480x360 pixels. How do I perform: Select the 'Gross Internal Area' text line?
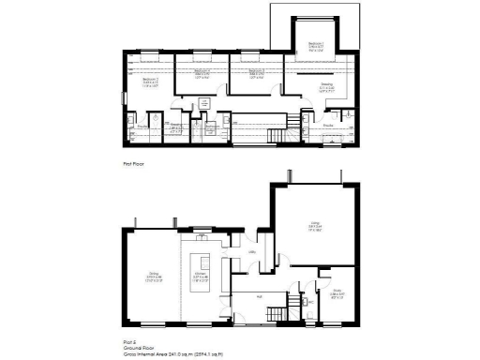click(x=174, y=354)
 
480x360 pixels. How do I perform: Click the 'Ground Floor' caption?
click(x=139, y=348)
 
